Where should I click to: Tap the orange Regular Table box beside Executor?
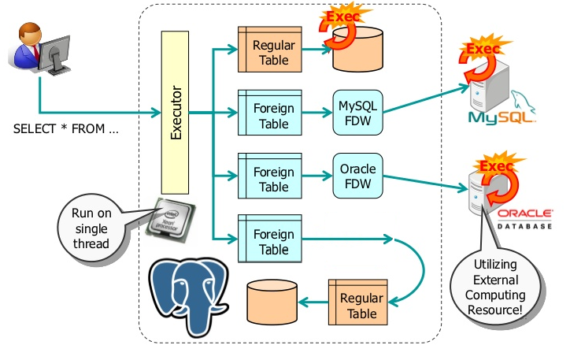270,52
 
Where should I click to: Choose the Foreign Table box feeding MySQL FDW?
270,115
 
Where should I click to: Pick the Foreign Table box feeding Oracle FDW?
270,178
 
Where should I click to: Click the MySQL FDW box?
357,114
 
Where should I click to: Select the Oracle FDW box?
357,178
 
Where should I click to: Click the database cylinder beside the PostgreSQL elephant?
272,300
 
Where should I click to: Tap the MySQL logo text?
501,118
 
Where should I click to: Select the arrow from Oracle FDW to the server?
425,186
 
